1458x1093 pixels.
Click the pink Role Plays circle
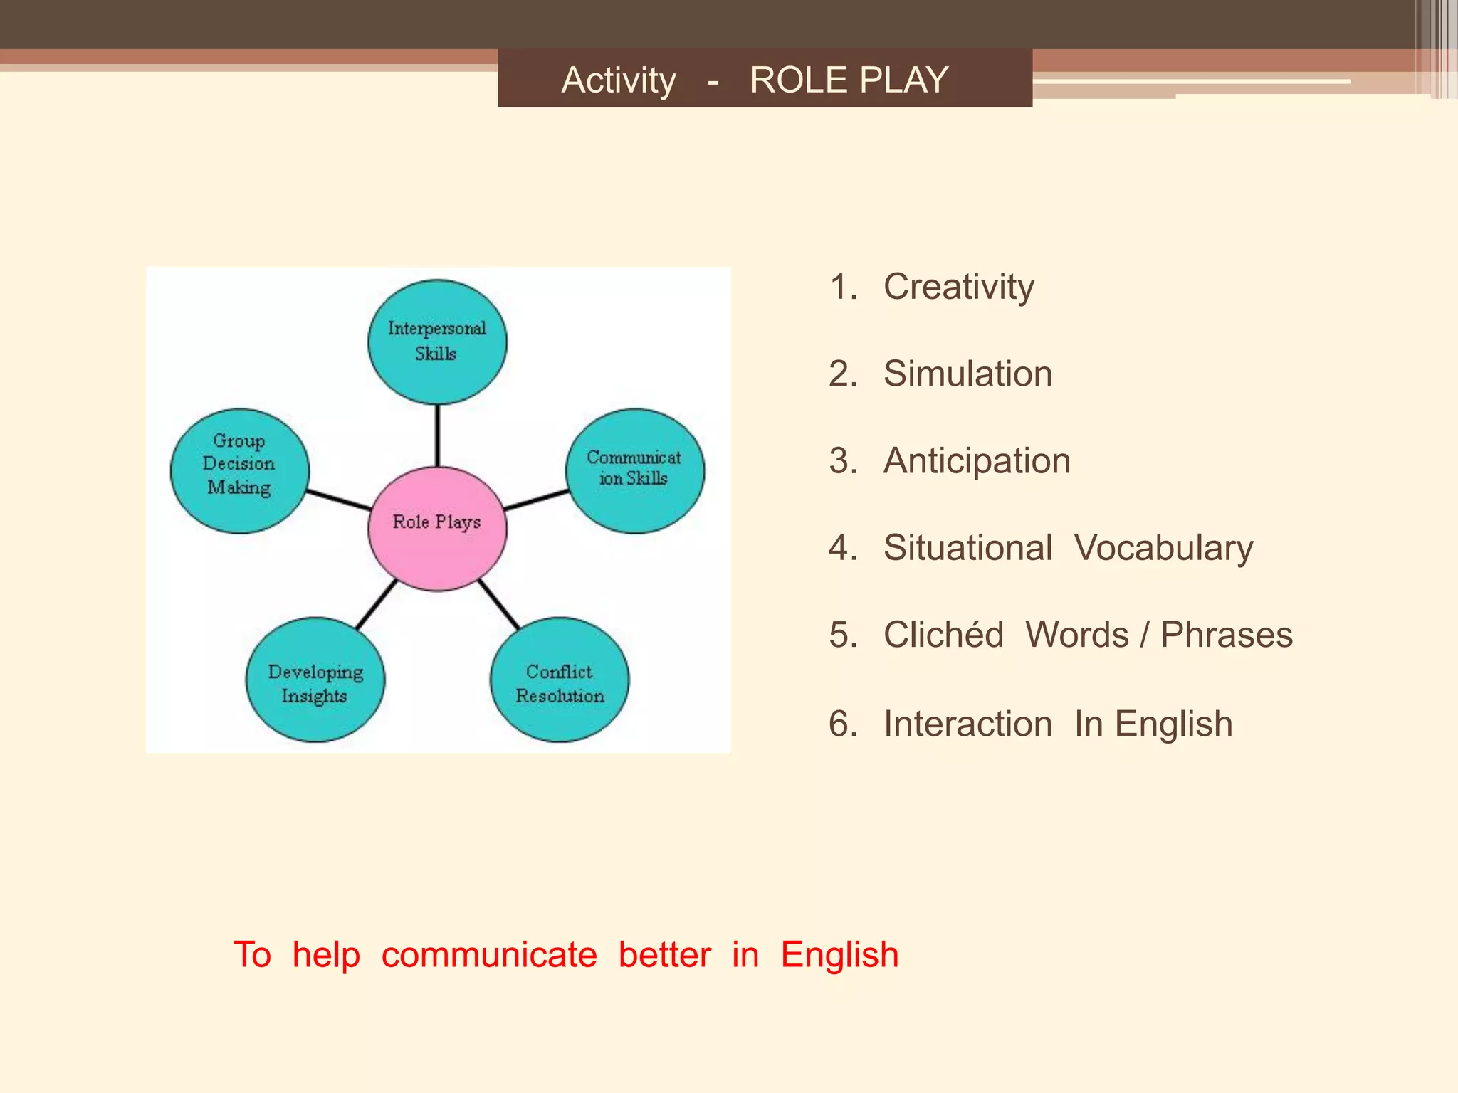(x=437, y=529)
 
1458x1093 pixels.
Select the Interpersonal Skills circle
(x=437, y=342)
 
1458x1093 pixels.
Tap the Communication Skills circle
(x=634, y=470)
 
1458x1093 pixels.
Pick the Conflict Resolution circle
(x=560, y=680)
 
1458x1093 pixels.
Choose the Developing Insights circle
(x=315, y=680)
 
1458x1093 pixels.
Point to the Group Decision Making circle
(x=240, y=470)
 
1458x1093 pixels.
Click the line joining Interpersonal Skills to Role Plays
(x=437, y=435)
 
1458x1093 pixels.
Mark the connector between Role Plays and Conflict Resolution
(x=499, y=603)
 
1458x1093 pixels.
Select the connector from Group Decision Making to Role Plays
(x=339, y=500)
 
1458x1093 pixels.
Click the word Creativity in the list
(x=958, y=287)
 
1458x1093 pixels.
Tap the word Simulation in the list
(x=967, y=374)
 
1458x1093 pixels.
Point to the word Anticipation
(x=977, y=461)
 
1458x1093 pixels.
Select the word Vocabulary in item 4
(x=1163, y=549)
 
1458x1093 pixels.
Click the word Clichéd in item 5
(x=943, y=635)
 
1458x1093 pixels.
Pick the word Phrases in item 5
(x=1226, y=635)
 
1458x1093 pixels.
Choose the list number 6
(x=843, y=724)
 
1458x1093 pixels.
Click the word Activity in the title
(x=619, y=80)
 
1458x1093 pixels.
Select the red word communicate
(x=489, y=955)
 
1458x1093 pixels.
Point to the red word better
(x=664, y=955)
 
